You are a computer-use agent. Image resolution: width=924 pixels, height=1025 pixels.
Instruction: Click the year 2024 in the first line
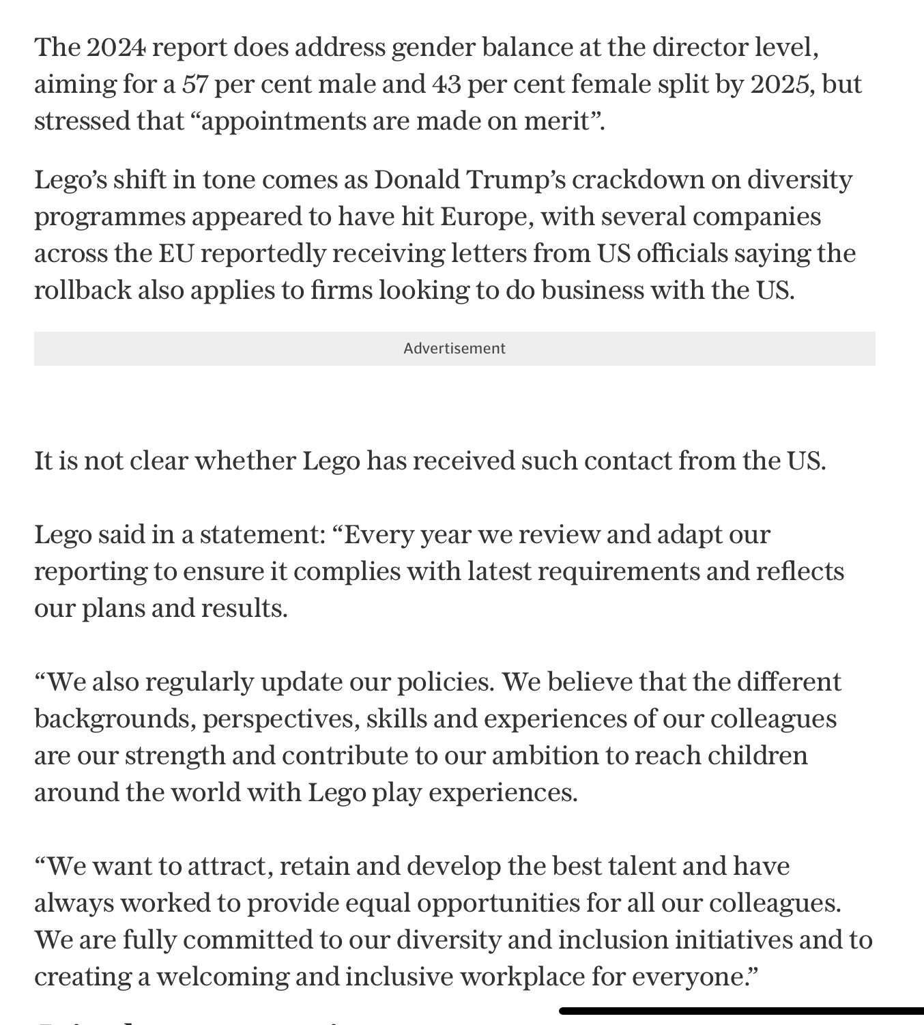[116, 47]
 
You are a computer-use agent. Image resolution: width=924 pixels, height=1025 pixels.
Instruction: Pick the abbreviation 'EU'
[176, 253]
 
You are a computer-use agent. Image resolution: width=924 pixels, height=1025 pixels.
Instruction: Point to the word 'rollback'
[83, 290]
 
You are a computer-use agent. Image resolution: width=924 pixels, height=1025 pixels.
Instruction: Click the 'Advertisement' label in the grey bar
[454, 349]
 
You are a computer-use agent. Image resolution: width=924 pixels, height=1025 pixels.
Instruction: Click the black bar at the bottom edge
[741, 1011]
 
